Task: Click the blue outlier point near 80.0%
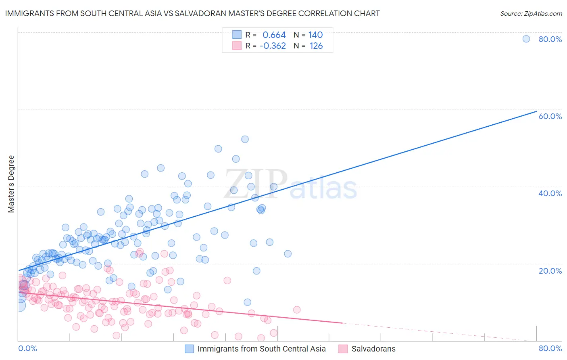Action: click(526, 39)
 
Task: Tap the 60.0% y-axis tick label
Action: click(550, 116)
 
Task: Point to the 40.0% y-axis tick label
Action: click(550, 193)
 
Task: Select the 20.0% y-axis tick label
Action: click(550, 271)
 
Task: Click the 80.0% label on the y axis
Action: click(550, 39)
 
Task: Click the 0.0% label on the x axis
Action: click(27, 348)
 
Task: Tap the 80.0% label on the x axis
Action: click(550, 348)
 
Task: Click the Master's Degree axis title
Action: click(11, 184)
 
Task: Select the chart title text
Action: click(192, 13)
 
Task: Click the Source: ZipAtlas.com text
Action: click(531, 13)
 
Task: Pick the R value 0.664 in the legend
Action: click(274, 35)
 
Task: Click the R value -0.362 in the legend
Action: click(273, 46)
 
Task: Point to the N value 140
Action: click(315, 35)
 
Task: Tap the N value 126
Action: click(316, 46)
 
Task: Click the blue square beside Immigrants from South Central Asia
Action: click(189, 349)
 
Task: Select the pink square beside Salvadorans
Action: click(343, 349)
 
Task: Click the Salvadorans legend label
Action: click(373, 349)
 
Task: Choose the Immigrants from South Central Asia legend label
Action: click(261, 349)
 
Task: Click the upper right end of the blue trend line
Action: click(536, 111)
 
